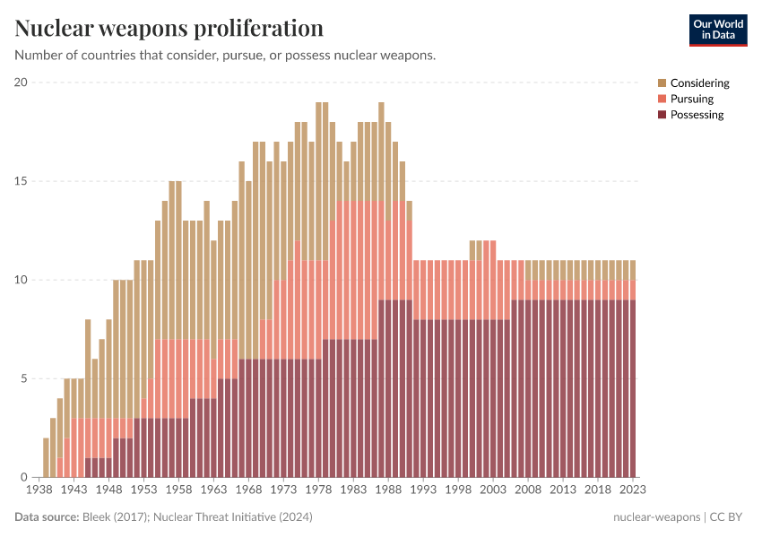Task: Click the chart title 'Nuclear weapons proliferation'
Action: (169, 29)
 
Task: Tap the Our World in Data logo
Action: (718, 30)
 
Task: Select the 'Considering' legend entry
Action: (699, 83)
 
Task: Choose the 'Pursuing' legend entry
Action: (691, 99)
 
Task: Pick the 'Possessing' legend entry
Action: (697, 115)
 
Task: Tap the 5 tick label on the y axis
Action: (24, 378)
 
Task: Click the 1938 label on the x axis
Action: (39, 490)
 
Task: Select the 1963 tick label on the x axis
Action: (213, 490)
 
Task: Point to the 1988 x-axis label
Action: (388, 490)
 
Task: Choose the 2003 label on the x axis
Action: (493, 490)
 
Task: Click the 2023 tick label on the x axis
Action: (633, 490)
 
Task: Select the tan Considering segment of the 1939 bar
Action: (46, 457)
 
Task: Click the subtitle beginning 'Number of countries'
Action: (225, 56)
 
